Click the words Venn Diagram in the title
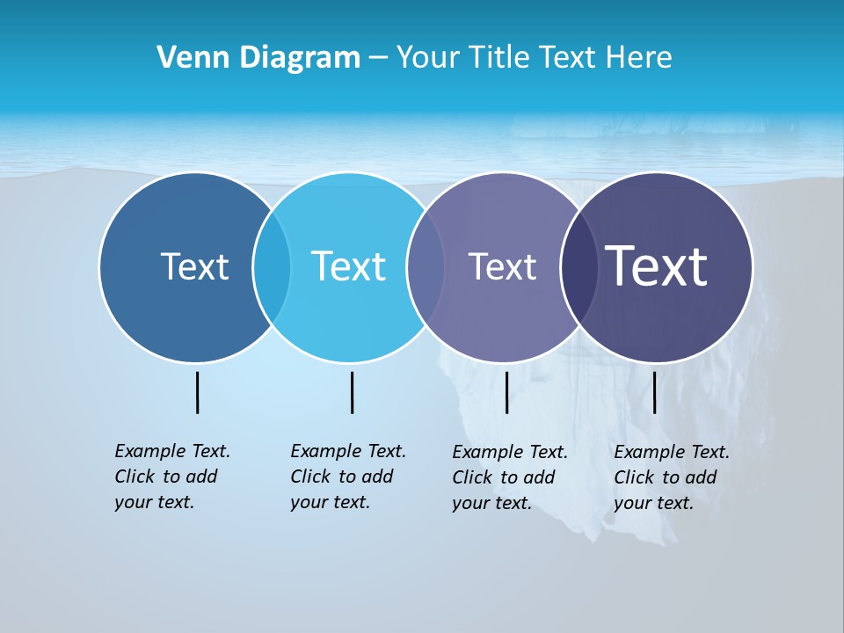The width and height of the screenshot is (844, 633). [x=258, y=58]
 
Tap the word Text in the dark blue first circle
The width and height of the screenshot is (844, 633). [x=194, y=266]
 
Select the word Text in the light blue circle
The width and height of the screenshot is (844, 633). [x=349, y=266]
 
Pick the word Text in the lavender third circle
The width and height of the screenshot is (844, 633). [x=502, y=266]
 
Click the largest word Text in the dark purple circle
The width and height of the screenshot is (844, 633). [x=657, y=266]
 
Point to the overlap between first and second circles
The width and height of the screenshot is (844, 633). [x=272, y=266]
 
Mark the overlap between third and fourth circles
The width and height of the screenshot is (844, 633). [x=579, y=266]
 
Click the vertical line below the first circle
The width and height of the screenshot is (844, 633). [x=197, y=392]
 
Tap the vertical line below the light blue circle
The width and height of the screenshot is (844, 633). [x=352, y=392]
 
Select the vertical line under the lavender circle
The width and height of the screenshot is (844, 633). [x=506, y=392]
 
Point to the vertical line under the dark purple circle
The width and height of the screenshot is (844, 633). [x=654, y=392]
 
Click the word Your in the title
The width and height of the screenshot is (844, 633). [x=429, y=58]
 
